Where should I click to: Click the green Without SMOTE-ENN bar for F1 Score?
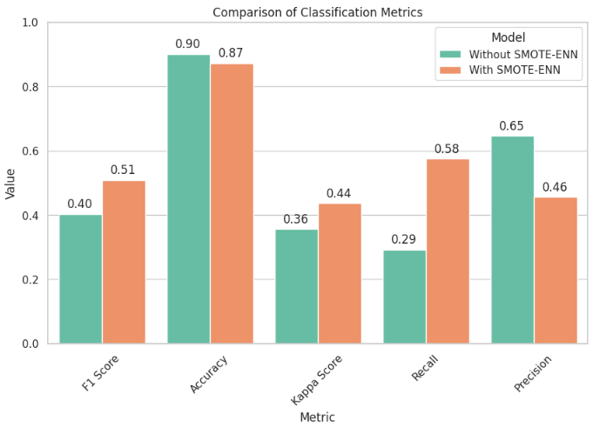pyautogui.click(x=80, y=278)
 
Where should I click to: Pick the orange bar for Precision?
pyautogui.click(x=556, y=270)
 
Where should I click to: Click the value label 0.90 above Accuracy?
pyautogui.click(x=188, y=43)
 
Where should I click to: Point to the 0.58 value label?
pyautogui.click(x=447, y=149)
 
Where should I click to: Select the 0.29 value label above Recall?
pyautogui.click(x=404, y=240)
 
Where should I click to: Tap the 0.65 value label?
pyautogui.click(x=511, y=126)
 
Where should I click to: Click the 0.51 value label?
pyautogui.click(x=123, y=170)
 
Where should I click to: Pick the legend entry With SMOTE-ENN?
pyautogui.click(x=515, y=70)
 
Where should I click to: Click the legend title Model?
pyautogui.click(x=508, y=37)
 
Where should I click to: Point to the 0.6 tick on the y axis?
pyautogui.click(x=29, y=151)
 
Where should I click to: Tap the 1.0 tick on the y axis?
pyautogui.click(x=29, y=23)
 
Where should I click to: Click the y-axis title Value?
pyautogui.click(x=10, y=184)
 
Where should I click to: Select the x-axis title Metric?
pyautogui.click(x=317, y=418)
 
